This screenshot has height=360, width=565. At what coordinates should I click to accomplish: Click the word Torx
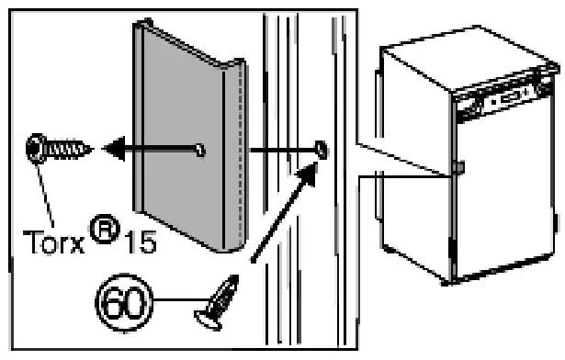tap(52, 221)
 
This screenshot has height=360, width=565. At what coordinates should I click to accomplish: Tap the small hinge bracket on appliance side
tap(457, 169)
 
